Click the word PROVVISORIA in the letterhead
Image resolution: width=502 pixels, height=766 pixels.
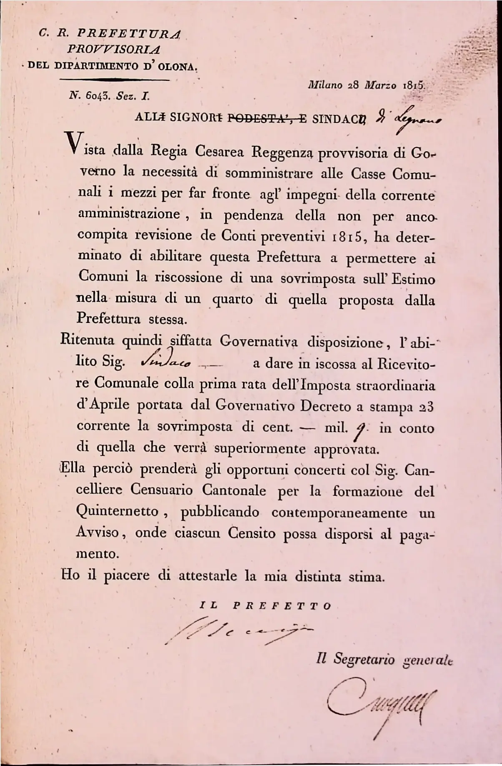(113, 50)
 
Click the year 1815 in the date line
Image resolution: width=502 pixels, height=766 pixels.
(413, 85)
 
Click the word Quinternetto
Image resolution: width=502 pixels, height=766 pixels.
(117, 511)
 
